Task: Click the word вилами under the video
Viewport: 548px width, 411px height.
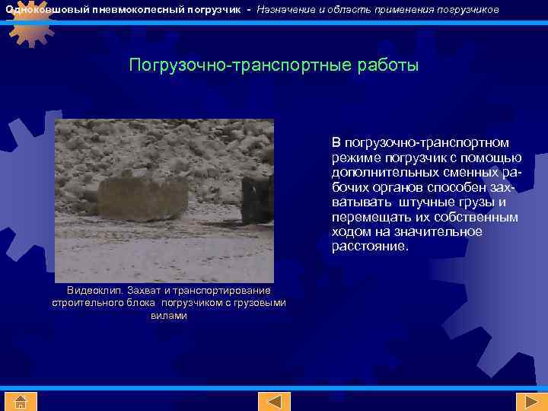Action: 169,315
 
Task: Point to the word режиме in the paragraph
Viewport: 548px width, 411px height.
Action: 352,158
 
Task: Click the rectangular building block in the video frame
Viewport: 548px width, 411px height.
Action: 142,199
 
